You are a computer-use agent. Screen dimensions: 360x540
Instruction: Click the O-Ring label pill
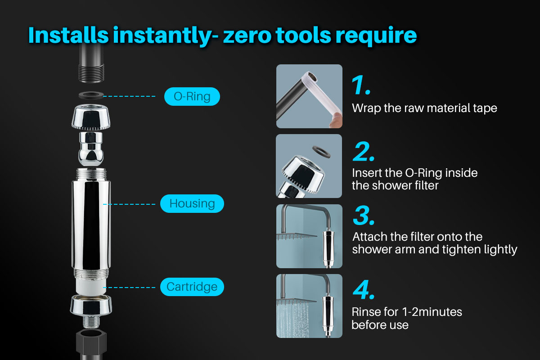[x=192, y=97]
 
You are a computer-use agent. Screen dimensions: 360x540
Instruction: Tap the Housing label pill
[x=192, y=203]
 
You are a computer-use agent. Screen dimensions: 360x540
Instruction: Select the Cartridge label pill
[x=192, y=287]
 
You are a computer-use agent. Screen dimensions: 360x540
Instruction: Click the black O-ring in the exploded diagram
[x=91, y=95]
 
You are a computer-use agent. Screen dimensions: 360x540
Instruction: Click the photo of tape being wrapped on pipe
[x=309, y=96]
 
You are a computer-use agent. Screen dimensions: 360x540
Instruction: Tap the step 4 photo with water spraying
[x=309, y=306]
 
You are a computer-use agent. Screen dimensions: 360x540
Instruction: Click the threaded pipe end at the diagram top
[x=91, y=72]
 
